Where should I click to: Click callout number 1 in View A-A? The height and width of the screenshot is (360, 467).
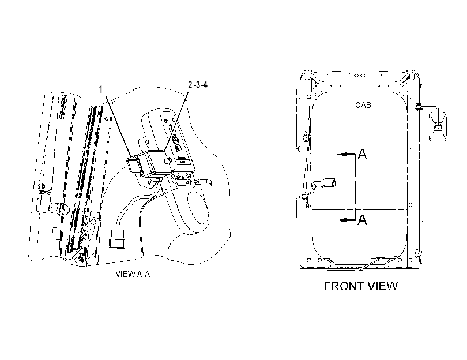(101, 89)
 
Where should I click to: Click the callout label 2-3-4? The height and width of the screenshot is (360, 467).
(197, 85)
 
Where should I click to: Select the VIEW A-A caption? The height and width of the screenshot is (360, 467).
(133, 274)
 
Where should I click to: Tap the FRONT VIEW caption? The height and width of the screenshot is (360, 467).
(361, 286)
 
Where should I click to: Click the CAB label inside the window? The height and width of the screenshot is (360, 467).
(363, 105)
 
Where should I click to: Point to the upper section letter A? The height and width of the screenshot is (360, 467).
(363, 154)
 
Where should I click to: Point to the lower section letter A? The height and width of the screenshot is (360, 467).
(363, 220)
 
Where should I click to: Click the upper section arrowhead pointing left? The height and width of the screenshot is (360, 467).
(342, 155)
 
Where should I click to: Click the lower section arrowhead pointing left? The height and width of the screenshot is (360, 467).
(344, 220)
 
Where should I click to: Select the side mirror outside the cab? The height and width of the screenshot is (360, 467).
(437, 126)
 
